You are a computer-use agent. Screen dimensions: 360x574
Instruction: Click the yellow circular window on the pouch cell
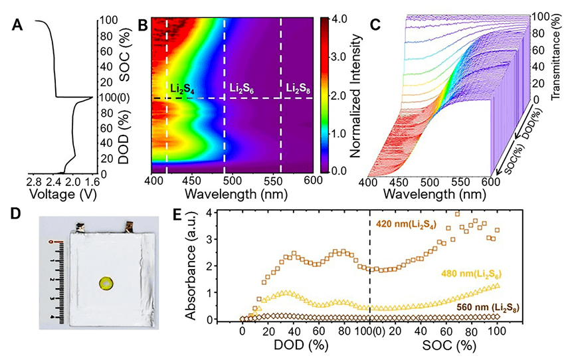pyautogui.click(x=106, y=284)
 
